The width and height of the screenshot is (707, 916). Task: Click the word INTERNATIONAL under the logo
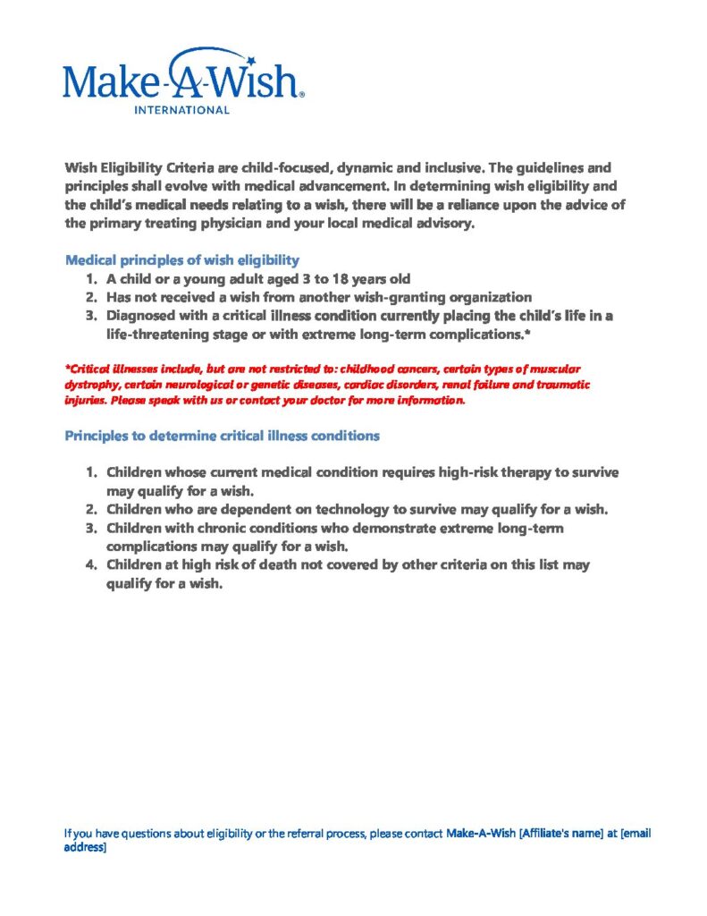(x=181, y=110)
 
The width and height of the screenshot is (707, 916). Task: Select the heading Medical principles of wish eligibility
(x=181, y=260)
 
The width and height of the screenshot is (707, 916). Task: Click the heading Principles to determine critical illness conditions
(x=223, y=436)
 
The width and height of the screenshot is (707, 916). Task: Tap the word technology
(x=353, y=509)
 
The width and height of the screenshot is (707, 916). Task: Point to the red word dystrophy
(x=90, y=385)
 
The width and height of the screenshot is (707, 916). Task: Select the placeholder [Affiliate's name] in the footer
(x=567, y=834)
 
